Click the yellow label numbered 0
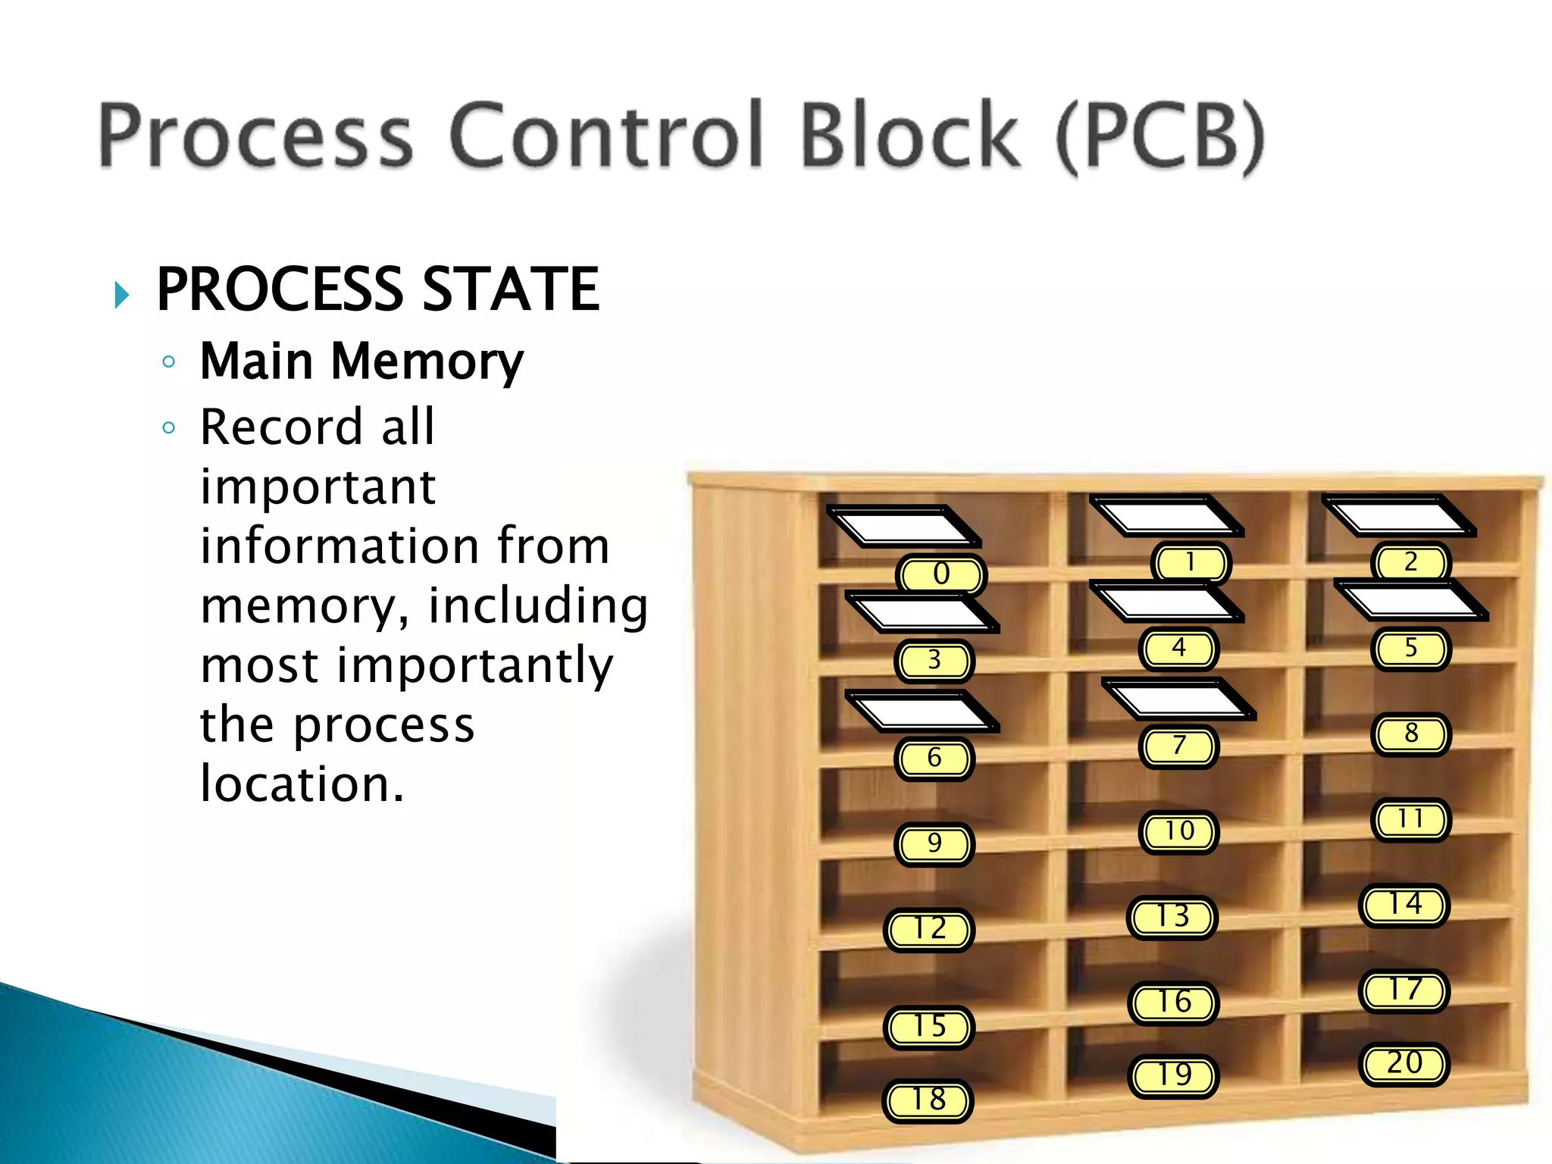(x=940, y=574)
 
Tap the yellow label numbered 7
(x=1178, y=746)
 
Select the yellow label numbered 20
(x=1404, y=1064)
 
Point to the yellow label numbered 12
(x=929, y=930)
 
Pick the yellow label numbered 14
(x=1404, y=905)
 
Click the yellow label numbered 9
(x=934, y=844)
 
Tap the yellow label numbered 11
(x=1410, y=820)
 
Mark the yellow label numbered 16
(x=1173, y=1003)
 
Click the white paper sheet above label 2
(x=1398, y=516)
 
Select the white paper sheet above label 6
(x=921, y=712)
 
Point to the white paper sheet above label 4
(x=1166, y=602)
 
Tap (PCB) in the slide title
(x=1160, y=136)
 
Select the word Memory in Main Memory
(x=427, y=361)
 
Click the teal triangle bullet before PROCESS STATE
(x=121, y=294)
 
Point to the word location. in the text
(x=302, y=784)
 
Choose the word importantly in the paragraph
(x=474, y=666)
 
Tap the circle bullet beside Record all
(x=169, y=428)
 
